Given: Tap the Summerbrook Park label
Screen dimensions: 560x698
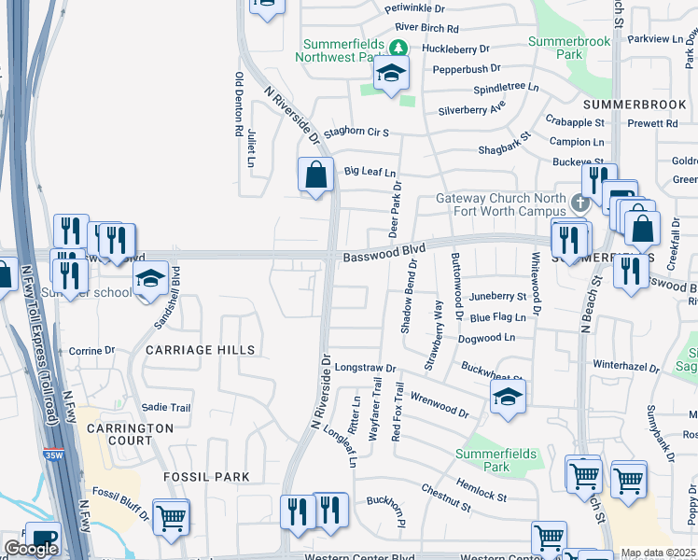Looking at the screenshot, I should point(569,48).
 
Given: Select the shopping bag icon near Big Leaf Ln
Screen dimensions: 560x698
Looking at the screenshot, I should point(316,175).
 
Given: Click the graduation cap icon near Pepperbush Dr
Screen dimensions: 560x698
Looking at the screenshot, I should point(391,73).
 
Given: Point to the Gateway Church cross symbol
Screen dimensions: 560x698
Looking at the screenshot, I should point(579,202).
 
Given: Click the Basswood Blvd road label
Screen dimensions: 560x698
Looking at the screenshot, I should point(384,251).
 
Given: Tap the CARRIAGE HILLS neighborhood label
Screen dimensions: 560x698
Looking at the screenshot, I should point(200,350).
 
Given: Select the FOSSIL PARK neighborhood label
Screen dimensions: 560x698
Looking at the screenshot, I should point(206,477).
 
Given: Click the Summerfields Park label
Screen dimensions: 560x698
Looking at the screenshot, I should point(496,460).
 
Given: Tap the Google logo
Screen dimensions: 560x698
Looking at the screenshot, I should point(30,549).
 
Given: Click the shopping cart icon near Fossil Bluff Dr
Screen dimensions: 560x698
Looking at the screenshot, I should point(171,517).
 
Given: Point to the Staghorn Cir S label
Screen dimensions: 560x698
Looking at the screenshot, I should point(356,133).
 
